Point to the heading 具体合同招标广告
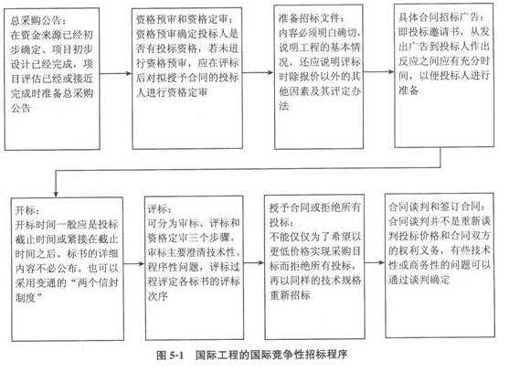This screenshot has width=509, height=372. [x=439, y=16]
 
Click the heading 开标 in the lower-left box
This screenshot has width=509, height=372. [x=26, y=210]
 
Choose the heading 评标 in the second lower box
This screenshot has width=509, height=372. [x=158, y=209]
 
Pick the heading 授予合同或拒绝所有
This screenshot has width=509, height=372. [x=315, y=207]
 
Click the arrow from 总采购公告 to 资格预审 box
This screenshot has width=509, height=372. [x=116, y=73]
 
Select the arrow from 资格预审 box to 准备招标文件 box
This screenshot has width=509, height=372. [x=258, y=72]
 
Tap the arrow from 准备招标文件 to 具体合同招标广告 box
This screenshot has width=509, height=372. [x=379, y=71]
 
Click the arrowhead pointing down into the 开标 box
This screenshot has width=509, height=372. [x=56, y=194]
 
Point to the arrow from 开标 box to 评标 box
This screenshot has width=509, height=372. [x=134, y=263]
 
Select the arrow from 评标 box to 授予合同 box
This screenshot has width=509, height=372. [x=254, y=262]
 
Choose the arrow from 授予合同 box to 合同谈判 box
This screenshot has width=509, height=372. [x=375, y=262]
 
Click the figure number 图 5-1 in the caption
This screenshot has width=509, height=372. [x=170, y=356]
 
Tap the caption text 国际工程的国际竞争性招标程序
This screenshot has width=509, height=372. [x=271, y=355]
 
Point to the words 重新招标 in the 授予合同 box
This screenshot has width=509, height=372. [x=290, y=294]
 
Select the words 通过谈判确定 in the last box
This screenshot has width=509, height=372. [x=419, y=280]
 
